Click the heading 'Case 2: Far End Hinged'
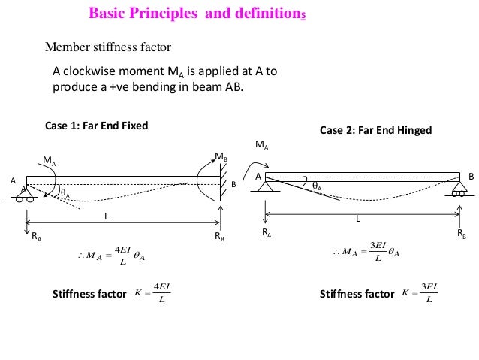pos(375,130)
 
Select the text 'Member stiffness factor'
pos(109,47)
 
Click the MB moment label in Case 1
pos(221,157)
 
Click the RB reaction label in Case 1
pos(220,235)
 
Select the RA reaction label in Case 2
pos(267,233)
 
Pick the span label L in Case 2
pos(358,219)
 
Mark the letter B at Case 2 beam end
pos(471,176)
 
